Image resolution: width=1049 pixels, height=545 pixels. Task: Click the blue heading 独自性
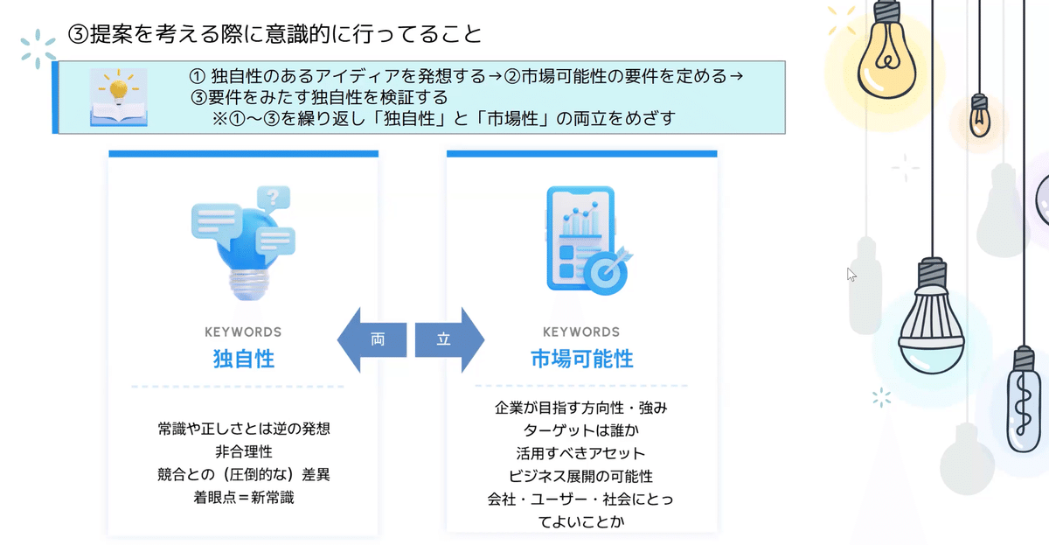(x=243, y=359)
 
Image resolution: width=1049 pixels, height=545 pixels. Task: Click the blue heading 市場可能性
(x=581, y=359)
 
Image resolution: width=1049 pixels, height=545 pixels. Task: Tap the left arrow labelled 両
(x=373, y=339)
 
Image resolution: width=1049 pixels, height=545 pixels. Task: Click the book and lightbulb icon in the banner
(x=119, y=98)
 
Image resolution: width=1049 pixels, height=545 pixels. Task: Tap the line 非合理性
(x=243, y=452)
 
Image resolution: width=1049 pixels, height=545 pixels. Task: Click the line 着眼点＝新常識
(x=243, y=498)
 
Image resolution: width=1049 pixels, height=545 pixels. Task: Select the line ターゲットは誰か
(x=581, y=430)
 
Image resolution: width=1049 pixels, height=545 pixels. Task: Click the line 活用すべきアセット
(x=581, y=453)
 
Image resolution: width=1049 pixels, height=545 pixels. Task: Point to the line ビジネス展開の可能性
(x=581, y=477)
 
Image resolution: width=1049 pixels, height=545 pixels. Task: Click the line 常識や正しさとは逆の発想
(x=243, y=430)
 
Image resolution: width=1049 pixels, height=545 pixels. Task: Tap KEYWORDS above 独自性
(x=243, y=332)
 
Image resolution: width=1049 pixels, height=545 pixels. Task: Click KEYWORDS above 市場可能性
(x=581, y=332)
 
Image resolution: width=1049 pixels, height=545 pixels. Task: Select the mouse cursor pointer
(x=851, y=274)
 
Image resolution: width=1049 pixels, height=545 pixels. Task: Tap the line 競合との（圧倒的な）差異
(x=243, y=475)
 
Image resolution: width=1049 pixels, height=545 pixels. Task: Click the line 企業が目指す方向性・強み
(x=581, y=408)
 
